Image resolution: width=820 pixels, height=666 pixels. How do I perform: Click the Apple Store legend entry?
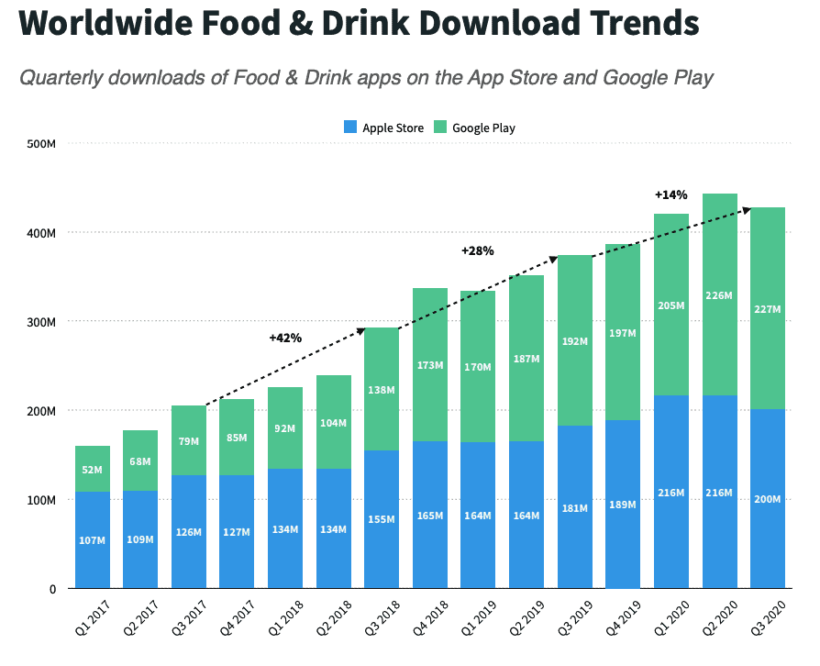[x=383, y=128]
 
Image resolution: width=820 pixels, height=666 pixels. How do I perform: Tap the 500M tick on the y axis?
[x=41, y=144]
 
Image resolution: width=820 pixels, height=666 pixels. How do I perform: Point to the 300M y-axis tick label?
[x=41, y=322]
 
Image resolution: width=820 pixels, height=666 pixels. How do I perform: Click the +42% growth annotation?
[x=285, y=338]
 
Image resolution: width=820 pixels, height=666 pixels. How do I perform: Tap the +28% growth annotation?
[x=477, y=250]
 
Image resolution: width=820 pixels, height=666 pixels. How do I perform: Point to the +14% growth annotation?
[x=670, y=194]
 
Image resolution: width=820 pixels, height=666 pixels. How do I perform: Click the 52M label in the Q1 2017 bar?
[x=93, y=471]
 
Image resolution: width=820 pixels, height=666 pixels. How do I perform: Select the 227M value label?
[x=768, y=309]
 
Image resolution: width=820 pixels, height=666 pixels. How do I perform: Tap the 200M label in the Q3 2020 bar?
[x=768, y=499]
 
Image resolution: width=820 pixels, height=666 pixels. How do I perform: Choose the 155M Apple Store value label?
[x=382, y=519]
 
